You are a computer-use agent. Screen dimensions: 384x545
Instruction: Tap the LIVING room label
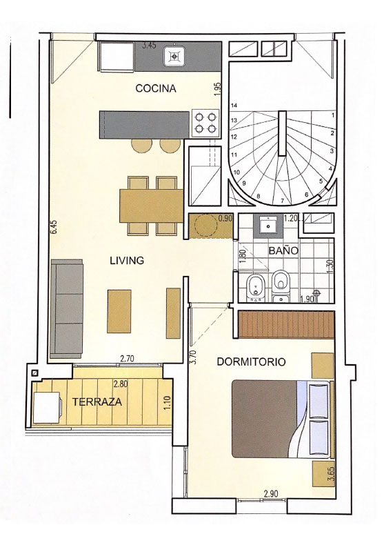(x=127, y=260)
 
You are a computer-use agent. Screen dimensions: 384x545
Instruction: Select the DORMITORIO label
(x=252, y=361)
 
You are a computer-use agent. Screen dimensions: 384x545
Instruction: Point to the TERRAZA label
(x=97, y=402)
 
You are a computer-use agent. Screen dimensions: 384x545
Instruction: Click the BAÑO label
(x=283, y=250)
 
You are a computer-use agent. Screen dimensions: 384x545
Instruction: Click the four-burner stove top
(x=205, y=123)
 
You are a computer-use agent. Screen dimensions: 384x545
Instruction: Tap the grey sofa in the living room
(x=67, y=308)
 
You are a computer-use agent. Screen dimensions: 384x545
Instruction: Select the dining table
(x=152, y=206)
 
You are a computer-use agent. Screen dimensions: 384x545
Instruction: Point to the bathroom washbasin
(x=268, y=226)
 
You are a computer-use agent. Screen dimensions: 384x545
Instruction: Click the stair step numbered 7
(x=283, y=201)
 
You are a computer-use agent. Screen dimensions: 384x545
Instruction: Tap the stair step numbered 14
(x=234, y=105)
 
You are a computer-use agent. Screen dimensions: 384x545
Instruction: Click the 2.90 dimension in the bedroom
(x=271, y=494)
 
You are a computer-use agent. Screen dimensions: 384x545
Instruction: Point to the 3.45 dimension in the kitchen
(x=150, y=45)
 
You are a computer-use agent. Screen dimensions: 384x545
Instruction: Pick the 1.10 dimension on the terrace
(x=168, y=402)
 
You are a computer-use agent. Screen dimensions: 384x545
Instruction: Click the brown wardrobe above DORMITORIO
(x=286, y=324)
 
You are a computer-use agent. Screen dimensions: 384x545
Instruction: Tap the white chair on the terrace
(x=48, y=407)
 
